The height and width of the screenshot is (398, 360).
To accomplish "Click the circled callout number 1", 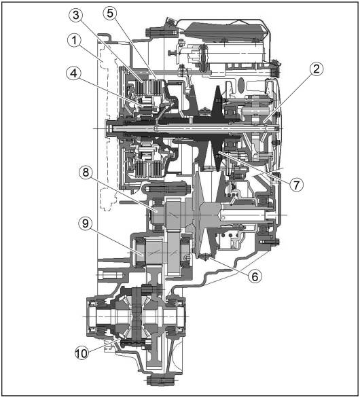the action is point(74,41).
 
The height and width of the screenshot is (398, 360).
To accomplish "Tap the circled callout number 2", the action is point(317,69).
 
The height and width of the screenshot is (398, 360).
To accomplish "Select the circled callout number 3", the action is point(76,15).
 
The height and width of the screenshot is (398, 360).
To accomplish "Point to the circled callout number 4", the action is point(73,73).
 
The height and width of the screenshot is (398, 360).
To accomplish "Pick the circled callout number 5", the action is point(110,13).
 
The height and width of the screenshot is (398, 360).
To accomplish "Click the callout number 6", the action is point(255,276).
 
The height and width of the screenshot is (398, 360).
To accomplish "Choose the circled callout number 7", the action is point(296,185).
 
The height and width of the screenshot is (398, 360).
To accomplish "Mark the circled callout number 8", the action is point(86,173).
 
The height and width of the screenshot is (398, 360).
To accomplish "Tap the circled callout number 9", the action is point(86,223).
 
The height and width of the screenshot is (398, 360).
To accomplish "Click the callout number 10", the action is point(82,353).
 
